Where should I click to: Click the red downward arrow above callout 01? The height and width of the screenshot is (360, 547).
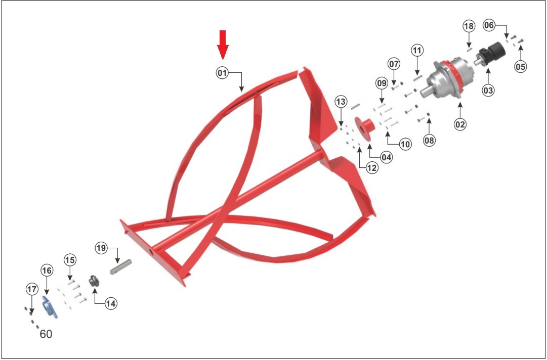[x=223, y=44]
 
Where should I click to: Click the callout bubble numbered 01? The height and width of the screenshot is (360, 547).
[x=222, y=73]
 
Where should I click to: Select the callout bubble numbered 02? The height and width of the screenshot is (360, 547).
[x=460, y=124]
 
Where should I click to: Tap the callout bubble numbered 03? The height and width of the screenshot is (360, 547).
[x=488, y=91]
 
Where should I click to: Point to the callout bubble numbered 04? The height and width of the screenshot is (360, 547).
[x=386, y=157]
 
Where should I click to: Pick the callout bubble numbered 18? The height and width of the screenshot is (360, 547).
[x=469, y=26]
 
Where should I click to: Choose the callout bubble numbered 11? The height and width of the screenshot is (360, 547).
[x=416, y=51]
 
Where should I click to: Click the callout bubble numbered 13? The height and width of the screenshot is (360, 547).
[x=341, y=102]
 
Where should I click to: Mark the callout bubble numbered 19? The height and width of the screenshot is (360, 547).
[x=101, y=248]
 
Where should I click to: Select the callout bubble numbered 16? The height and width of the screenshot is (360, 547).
[x=47, y=270]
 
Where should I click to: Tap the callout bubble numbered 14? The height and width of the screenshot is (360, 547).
[x=111, y=303]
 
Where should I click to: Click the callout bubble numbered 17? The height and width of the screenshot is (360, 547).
[x=32, y=289]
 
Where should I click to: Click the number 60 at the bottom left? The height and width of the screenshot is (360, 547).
[x=46, y=334]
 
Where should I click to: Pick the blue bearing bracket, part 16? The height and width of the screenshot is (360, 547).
[x=50, y=307]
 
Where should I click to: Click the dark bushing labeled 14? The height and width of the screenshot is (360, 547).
[x=94, y=281]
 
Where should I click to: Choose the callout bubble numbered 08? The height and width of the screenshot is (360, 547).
[x=429, y=141]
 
